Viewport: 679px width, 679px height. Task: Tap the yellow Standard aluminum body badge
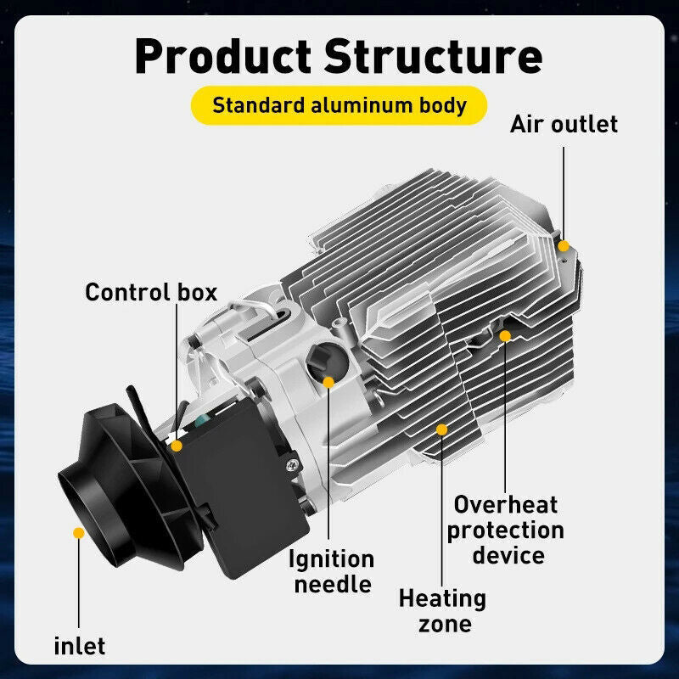pyautogui.click(x=339, y=105)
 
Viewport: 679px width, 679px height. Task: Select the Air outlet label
pyautogui.click(x=564, y=124)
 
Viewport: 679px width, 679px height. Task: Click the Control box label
pyautogui.click(x=151, y=293)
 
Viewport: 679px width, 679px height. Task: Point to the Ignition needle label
pyautogui.click(x=331, y=571)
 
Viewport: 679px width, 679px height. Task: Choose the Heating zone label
pyautogui.click(x=443, y=611)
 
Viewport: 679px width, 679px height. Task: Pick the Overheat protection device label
pyautogui.click(x=505, y=530)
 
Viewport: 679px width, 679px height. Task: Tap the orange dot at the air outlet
pyautogui.click(x=563, y=244)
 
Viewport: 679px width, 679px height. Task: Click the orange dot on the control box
pyautogui.click(x=177, y=445)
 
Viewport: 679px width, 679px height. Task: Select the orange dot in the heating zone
pyautogui.click(x=441, y=429)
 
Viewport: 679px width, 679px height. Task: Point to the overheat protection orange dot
pyautogui.click(x=505, y=336)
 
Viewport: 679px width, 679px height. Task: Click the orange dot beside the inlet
pyautogui.click(x=78, y=533)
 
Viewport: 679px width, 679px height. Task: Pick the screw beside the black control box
pyautogui.click(x=294, y=463)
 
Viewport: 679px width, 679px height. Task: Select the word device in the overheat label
pyautogui.click(x=508, y=556)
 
